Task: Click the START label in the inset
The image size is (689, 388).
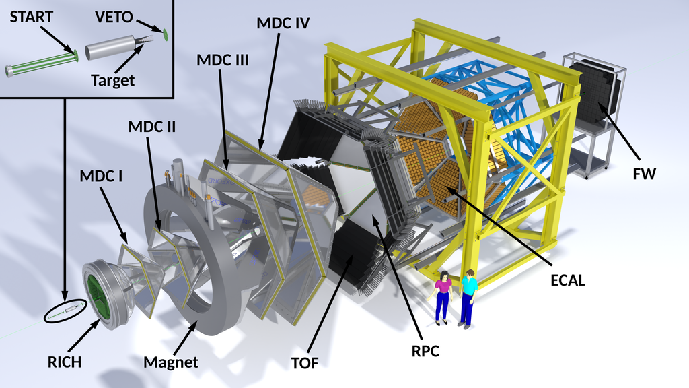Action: coord(31,17)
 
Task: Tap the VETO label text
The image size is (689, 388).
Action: coord(114,17)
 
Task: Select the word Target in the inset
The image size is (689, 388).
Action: coord(112,80)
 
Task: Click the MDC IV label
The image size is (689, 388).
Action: coord(283,23)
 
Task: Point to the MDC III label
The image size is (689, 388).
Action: coord(222,60)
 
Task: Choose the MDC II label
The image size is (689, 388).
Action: coord(151,127)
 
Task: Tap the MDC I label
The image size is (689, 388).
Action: coord(101,176)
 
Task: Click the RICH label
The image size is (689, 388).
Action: coord(65,362)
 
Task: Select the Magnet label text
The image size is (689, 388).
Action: coord(171,362)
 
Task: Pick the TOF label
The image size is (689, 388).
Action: coord(305,363)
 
